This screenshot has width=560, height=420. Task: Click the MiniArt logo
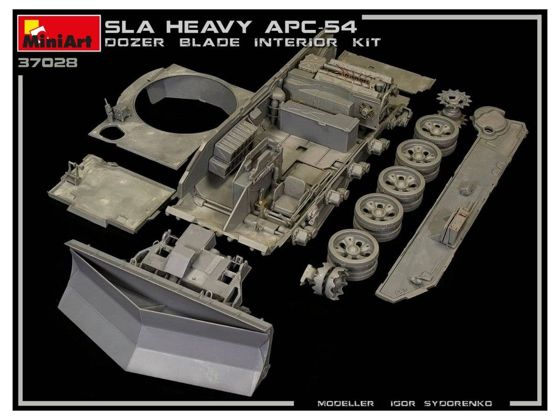pyautogui.click(x=59, y=34)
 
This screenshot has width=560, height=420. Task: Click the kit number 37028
pyautogui.click(x=48, y=63)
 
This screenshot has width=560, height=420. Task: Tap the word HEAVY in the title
pyautogui.click(x=209, y=27)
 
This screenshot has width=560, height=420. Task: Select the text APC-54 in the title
pyautogui.click(x=310, y=27)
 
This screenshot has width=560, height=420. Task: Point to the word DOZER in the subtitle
pyautogui.click(x=134, y=42)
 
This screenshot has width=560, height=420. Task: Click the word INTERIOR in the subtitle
pyautogui.click(x=296, y=42)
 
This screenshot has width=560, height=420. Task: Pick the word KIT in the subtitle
pyautogui.click(x=367, y=42)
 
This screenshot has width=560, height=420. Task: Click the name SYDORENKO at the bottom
pyautogui.click(x=458, y=403)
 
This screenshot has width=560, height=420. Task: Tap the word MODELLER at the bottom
pyautogui.click(x=345, y=403)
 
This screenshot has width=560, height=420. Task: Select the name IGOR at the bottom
pyautogui.click(x=403, y=403)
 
